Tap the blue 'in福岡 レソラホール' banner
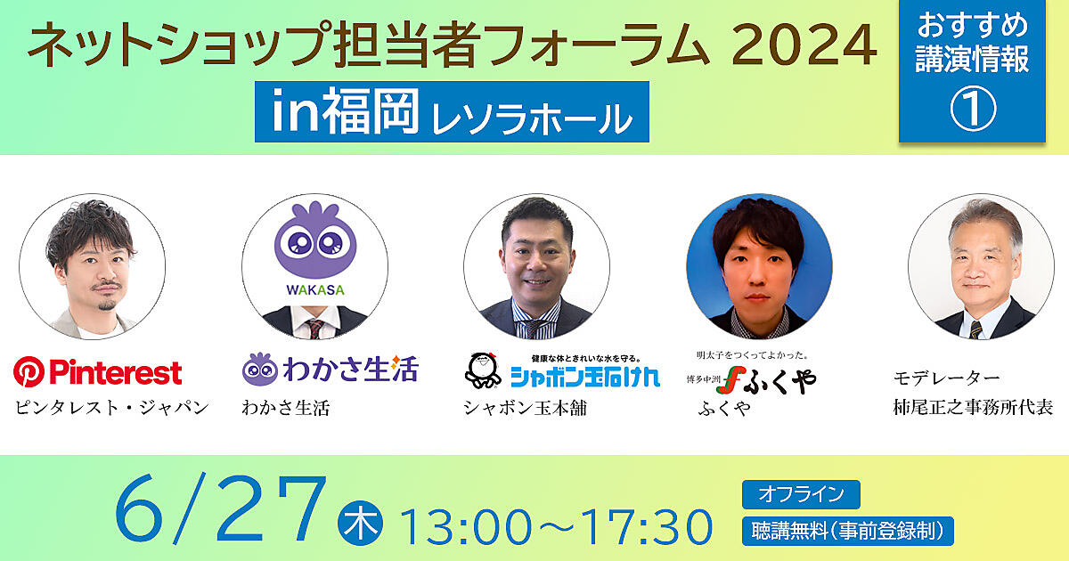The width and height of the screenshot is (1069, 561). pos(452,111)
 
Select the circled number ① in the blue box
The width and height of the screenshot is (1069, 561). pos(973,110)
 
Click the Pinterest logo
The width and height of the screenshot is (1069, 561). pos(98,371)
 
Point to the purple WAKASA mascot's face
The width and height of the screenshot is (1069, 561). pos(315,242)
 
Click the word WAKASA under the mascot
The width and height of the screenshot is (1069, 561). pos(315,289)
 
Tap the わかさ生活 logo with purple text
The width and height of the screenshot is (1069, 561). pos(330,369)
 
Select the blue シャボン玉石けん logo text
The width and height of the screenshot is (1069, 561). pos(585,378)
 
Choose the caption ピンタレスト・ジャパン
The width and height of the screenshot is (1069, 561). pos(112,408)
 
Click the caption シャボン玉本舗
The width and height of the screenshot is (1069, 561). pos(525,408)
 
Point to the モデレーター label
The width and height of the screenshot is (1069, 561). pos(946,378)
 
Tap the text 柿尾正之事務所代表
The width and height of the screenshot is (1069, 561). pos(973,408)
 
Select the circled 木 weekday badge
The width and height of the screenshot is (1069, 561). pos(360,523)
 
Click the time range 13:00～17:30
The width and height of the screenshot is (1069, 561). pos(557,526)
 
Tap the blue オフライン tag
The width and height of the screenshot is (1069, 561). pos(801,494)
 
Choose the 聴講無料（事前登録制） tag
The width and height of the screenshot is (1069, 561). pos(847,531)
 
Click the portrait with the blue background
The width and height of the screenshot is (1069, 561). pos(759,266)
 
